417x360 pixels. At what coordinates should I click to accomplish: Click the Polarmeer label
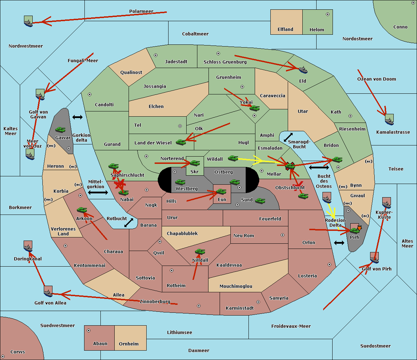point(141,11)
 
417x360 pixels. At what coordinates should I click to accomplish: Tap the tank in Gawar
point(60,130)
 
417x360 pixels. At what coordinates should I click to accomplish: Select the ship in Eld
point(303,70)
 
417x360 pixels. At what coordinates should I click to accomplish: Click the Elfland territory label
point(285,30)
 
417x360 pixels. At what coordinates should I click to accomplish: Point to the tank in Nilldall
point(200,252)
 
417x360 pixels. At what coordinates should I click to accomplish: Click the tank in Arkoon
point(82,210)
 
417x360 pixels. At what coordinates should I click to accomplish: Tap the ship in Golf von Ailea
point(48,292)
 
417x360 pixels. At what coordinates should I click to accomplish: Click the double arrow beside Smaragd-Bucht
point(288,137)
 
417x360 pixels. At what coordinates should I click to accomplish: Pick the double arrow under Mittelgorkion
point(98,193)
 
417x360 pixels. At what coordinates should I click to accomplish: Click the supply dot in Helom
point(327,14)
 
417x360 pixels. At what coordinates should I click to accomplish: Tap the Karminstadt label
point(240,308)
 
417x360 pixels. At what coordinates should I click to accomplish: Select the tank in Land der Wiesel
point(181,142)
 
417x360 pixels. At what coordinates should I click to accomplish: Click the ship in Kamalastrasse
point(389,120)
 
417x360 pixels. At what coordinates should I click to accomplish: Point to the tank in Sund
point(260,201)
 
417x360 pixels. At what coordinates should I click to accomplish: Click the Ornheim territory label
point(129,344)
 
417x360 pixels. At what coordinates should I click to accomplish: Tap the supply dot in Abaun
point(89,330)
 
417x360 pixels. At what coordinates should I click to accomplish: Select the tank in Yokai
point(254,108)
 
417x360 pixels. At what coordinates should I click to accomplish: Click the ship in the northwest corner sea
point(28,22)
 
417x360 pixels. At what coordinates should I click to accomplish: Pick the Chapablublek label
point(182,234)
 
